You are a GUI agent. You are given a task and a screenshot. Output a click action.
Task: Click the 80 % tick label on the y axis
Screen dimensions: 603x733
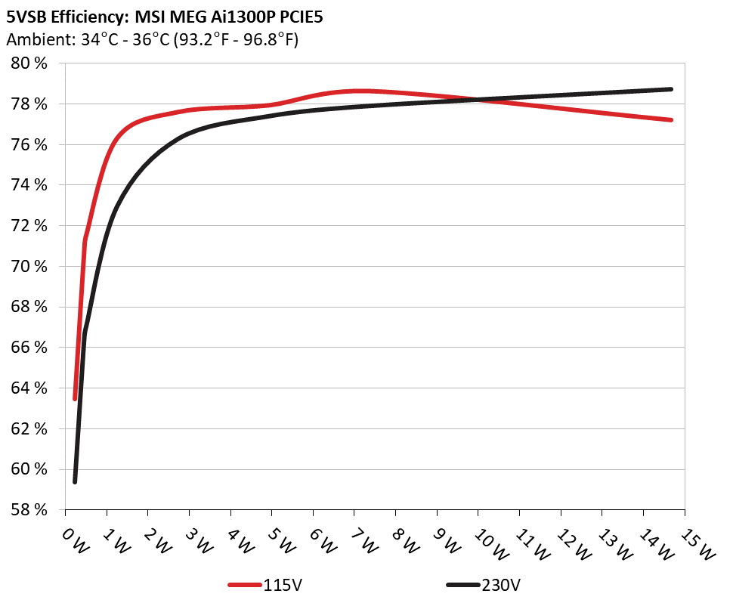click(29, 63)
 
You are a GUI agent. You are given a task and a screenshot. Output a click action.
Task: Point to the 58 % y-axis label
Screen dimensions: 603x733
click(29, 510)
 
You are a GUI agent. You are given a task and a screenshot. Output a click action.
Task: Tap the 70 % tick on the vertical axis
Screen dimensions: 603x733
click(29, 266)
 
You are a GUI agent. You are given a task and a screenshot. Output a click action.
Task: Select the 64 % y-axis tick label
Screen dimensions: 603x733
click(29, 388)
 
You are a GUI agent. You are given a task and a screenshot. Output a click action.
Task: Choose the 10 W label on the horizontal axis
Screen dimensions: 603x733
click(489, 543)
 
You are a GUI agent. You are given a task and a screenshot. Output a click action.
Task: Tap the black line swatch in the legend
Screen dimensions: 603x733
click(463, 585)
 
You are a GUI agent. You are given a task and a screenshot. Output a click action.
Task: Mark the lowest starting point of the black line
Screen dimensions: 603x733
click(75, 481)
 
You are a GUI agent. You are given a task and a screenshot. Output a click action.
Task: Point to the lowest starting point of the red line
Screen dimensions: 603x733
click(75, 398)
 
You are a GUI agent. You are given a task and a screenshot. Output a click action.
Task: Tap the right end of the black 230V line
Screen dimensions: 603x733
click(671, 89)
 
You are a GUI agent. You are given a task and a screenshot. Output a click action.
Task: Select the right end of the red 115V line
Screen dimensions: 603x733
click(671, 119)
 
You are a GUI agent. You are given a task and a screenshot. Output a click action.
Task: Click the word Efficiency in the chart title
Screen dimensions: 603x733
click(86, 16)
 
